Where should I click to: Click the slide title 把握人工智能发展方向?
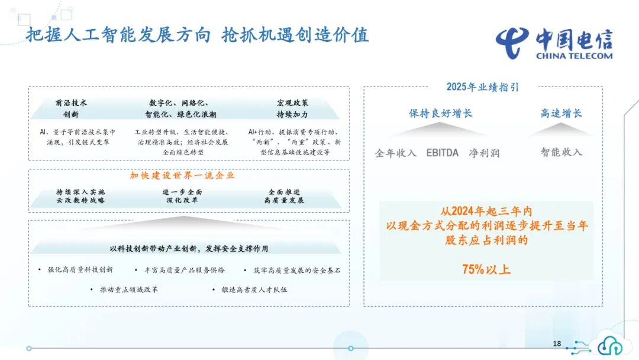pos(118,35)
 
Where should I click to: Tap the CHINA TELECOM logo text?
pos(574,56)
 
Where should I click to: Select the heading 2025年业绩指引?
pos(482,87)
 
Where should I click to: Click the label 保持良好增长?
pos(441,113)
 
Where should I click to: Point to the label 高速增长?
pos(561,113)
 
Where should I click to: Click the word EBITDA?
pos(443,153)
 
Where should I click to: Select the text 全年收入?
pos(396,153)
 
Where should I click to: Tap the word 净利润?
pos(484,153)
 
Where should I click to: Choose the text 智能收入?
pos(561,152)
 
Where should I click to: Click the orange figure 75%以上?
pos(486,269)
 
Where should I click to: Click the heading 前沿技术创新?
pos(71,108)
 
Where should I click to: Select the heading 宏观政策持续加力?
pos(292,108)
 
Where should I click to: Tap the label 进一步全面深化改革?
pos(182,196)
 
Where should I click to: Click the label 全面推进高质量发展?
pos(284,196)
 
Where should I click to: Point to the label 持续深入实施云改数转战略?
pos(80,196)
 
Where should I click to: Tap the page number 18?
pos(557,343)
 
